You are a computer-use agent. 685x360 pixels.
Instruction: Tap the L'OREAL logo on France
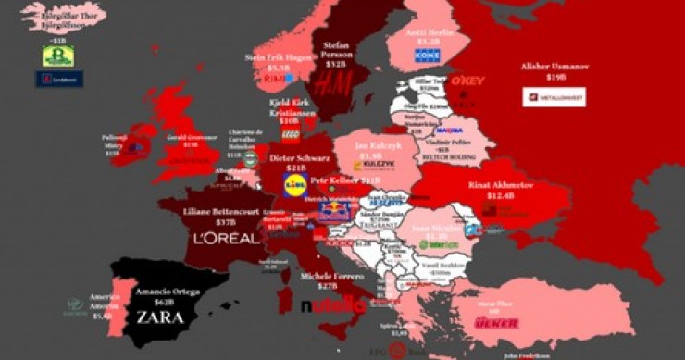[226, 238]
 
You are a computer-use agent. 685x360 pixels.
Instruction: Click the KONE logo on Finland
[427, 56]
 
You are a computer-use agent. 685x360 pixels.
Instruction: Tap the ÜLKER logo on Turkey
[498, 323]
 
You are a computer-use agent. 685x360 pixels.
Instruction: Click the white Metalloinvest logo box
[554, 96]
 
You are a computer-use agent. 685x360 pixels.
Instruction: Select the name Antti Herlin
[428, 31]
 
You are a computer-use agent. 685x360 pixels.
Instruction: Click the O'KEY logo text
[468, 81]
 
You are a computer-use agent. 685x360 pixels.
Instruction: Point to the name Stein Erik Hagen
[279, 56]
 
